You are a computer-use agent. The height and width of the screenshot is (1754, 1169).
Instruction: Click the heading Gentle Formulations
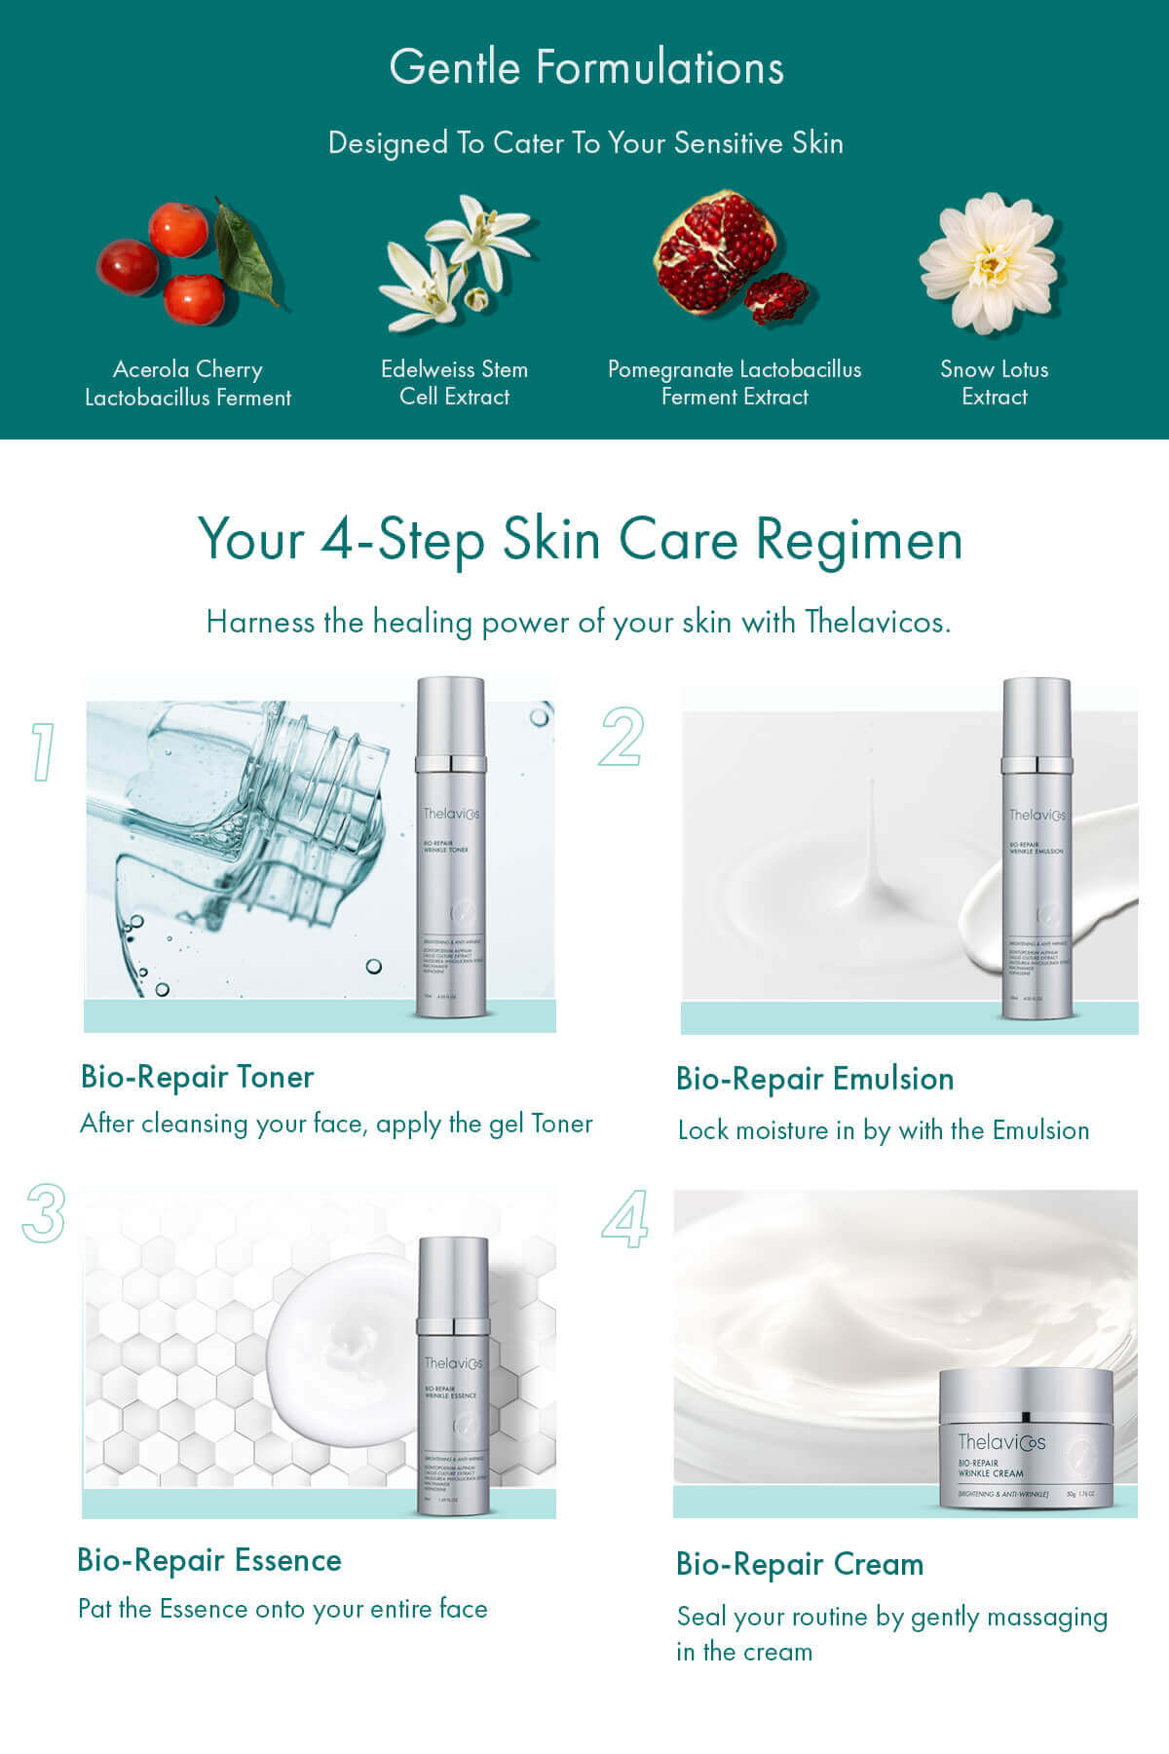586,68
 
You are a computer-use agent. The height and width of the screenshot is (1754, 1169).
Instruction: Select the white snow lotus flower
989,261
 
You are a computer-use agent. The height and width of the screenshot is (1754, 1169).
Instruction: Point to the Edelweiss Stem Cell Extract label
454,383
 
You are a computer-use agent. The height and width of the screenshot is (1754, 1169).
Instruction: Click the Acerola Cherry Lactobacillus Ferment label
188,383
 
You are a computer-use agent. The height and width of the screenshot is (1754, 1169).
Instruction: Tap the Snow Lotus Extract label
994,383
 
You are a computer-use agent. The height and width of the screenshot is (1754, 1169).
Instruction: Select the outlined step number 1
42,751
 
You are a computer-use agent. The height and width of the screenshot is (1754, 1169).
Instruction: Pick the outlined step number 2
622,737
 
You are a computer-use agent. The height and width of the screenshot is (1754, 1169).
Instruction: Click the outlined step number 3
44,1213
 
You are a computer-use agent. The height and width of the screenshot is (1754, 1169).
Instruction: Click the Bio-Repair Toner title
198,1077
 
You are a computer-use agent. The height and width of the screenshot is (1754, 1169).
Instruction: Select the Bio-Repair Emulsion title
814,1079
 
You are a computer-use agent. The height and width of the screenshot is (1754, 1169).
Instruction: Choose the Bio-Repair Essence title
209,1560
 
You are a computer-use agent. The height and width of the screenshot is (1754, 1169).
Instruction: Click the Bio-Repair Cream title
800,1564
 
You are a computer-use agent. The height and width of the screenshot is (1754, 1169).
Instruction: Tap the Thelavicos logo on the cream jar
1000,1441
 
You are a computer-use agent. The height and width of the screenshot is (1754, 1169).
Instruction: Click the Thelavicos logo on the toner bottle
451,814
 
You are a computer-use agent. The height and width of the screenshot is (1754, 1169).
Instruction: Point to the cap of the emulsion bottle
1037,719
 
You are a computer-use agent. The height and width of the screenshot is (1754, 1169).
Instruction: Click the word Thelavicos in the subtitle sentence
876,622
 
